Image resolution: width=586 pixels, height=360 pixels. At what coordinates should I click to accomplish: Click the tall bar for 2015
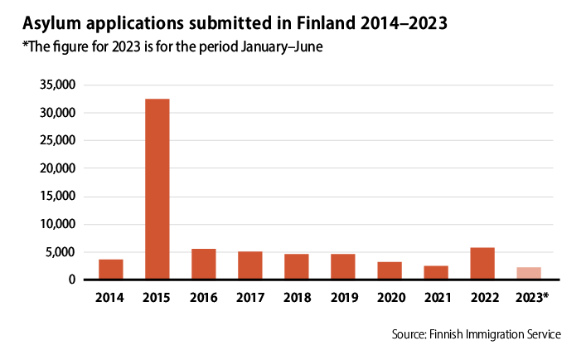[157, 189]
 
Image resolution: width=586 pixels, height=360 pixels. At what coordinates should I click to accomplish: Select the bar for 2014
[111, 270]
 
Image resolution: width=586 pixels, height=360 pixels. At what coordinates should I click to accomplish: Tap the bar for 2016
[204, 265]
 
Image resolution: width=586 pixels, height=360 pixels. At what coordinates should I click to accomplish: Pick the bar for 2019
[343, 267]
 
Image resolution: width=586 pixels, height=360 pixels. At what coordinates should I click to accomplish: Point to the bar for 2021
[436, 273]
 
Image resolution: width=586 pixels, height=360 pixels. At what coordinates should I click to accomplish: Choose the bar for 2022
[482, 264]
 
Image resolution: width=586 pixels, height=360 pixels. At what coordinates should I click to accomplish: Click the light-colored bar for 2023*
[529, 274]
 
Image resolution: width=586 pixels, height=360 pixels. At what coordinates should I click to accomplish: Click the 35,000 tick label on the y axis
[57, 85]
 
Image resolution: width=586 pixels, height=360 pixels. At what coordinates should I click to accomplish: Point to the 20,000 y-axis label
[57, 168]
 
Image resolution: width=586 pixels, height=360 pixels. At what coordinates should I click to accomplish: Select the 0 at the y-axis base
[73, 280]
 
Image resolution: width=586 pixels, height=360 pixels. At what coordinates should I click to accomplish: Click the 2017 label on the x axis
[250, 296]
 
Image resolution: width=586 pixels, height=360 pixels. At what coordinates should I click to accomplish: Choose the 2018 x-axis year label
[297, 296]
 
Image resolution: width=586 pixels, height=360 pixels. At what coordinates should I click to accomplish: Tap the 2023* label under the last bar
[531, 296]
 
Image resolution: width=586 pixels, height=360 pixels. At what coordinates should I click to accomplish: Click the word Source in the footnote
[412, 334]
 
